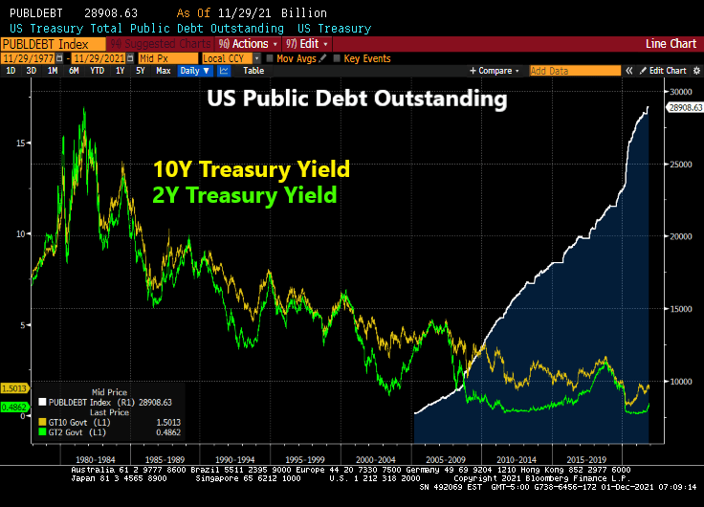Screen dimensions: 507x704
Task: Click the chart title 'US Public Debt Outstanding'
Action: click(358, 99)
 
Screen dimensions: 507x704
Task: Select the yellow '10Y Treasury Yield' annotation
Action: click(246, 170)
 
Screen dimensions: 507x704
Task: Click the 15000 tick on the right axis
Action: click(680, 309)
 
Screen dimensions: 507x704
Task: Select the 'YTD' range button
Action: click(97, 71)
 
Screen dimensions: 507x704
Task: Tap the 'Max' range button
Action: click(164, 71)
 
